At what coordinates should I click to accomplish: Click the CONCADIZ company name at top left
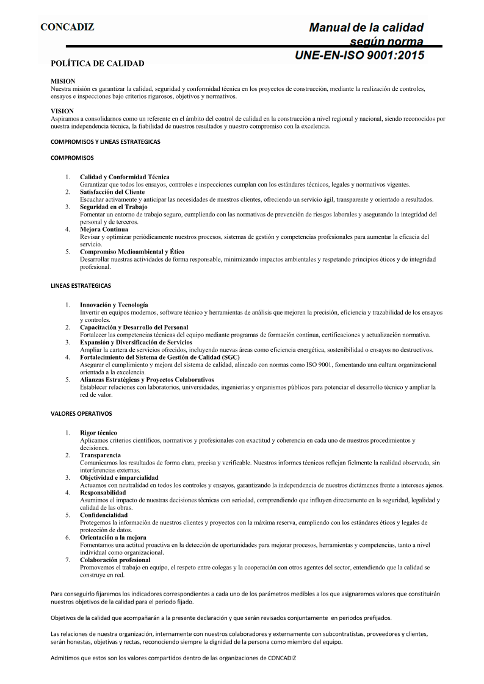click(x=67, y=27)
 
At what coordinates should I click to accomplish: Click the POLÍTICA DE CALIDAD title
click(x=98, y=63)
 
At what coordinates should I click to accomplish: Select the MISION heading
click(x=63, y=81)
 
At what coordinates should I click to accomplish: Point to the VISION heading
click(x=63, y=112)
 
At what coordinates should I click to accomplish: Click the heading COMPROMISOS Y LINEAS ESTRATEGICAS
click(x=106, y=141)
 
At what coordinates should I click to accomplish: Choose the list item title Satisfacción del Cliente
click(x=112, y=192)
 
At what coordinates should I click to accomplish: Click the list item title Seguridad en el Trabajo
click(x=114, y=207)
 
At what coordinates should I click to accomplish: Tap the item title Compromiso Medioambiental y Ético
click(x=132, y=252)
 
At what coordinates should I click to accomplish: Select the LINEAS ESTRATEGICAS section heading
click(x=81, y=285)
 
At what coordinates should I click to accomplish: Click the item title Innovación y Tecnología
click(x=114, y=305)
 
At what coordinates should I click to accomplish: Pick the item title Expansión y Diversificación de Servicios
click(x=136, y=343)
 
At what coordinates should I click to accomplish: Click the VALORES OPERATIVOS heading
click(x=81, y=413)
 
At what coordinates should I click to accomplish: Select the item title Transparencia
click(x=100, y=455)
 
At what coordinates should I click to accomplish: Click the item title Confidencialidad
click(x=104, y=515)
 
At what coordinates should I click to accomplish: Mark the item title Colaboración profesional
click(x=115, y=560)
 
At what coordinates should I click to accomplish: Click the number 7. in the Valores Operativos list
click(x=68, y=560)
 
